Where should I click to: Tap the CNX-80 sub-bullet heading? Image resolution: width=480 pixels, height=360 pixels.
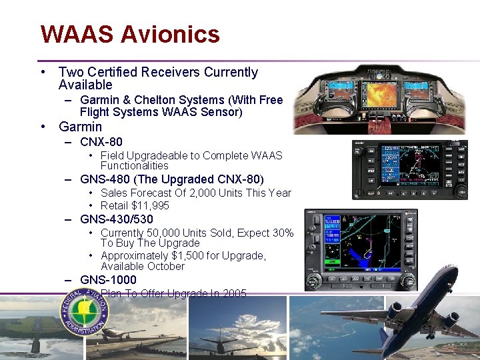click(x=101, y=142)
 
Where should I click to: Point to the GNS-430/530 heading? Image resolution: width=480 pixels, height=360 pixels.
click(x=116, y=219)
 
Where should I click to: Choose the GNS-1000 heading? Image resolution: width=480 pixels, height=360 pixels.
click(x=108, y=280)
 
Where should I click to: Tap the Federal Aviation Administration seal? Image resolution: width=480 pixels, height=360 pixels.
click(x=85, y=313)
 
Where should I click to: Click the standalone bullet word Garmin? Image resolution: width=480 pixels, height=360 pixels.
click(x=80, y=127)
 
